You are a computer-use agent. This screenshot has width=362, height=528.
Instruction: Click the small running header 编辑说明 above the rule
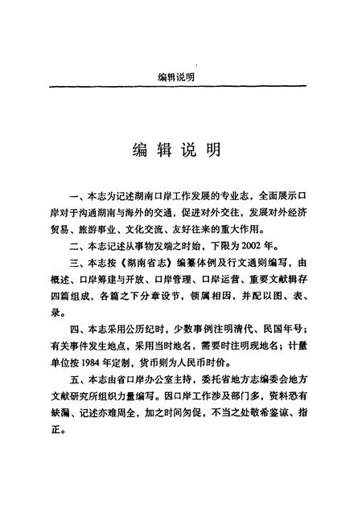179,77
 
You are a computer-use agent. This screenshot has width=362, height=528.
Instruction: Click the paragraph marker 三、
78,264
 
